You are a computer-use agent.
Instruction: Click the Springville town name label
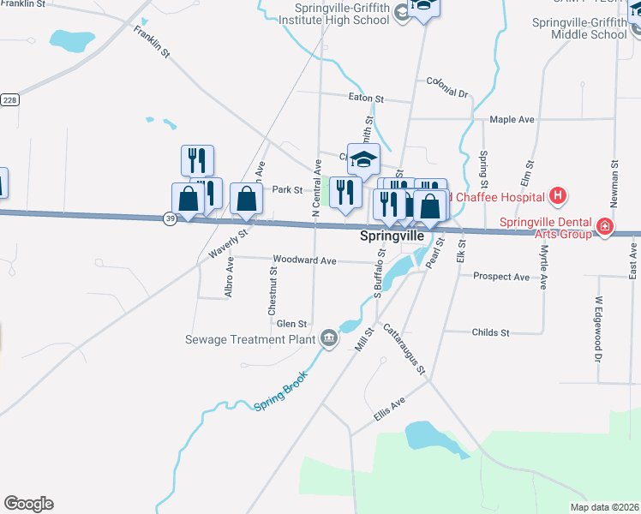click(392, 235)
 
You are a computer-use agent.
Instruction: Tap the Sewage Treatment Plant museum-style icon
click(327, 339)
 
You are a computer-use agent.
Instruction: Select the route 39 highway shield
click(170, 219)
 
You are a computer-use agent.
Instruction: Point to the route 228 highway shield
click(9, 100)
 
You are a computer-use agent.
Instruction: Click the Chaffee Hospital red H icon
click(558, 196)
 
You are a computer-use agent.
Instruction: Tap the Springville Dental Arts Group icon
click(606, 227)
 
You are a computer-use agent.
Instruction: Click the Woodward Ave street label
click(303, 260)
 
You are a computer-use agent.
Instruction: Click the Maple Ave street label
click(512, 119)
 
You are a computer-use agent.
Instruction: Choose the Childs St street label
click(490, 332)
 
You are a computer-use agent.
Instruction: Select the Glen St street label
click(291, 324)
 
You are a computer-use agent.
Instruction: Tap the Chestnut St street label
click(273, 290)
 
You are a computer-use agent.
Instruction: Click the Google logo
click(28, 504)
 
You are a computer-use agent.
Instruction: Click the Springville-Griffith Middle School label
click(579, 28)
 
